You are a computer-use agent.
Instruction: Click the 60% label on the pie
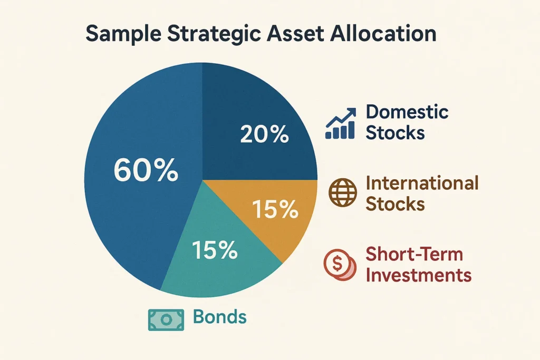coord(146,171)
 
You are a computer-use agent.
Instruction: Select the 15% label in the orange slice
coord(275,210)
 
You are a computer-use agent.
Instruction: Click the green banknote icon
coord(166,319)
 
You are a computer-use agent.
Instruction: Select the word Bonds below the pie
coord(219,317)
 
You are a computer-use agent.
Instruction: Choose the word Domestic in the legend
coord(407,112)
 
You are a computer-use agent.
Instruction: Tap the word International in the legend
coord(421,183)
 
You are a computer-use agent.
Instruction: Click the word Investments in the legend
coord(418,275)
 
